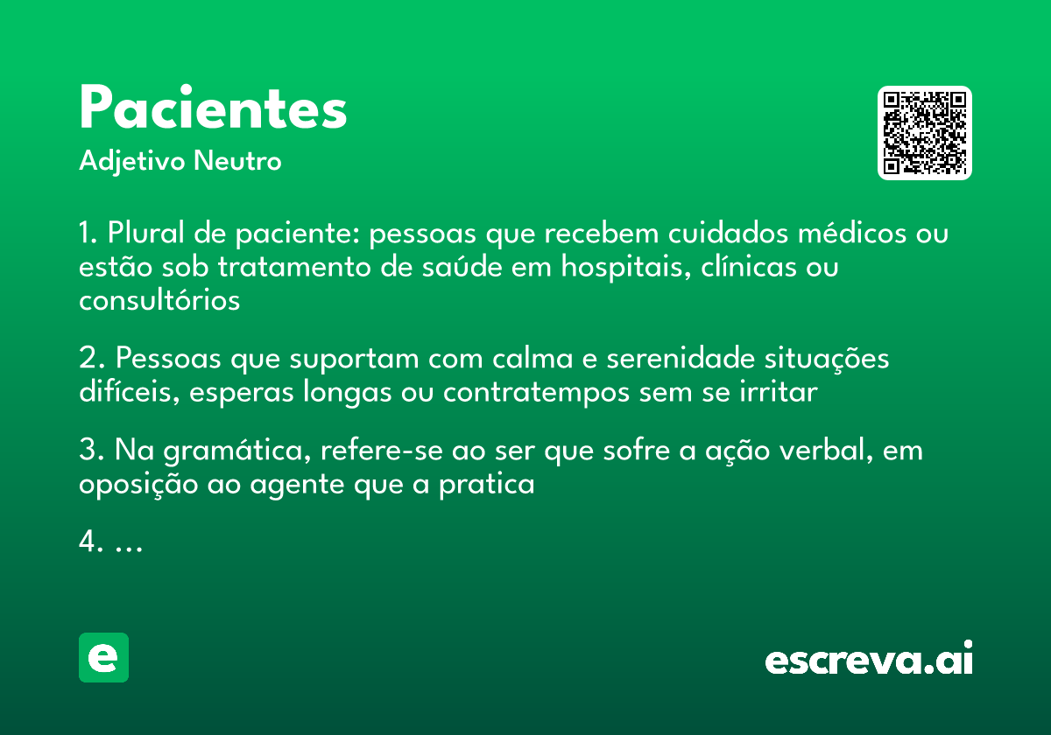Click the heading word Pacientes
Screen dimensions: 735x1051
[213, 108]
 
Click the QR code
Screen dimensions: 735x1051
[925, 133]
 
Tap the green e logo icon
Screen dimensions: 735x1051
[103, 657]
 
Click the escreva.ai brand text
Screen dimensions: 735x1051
[869, 660]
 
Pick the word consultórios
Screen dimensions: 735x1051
[159, 300]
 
